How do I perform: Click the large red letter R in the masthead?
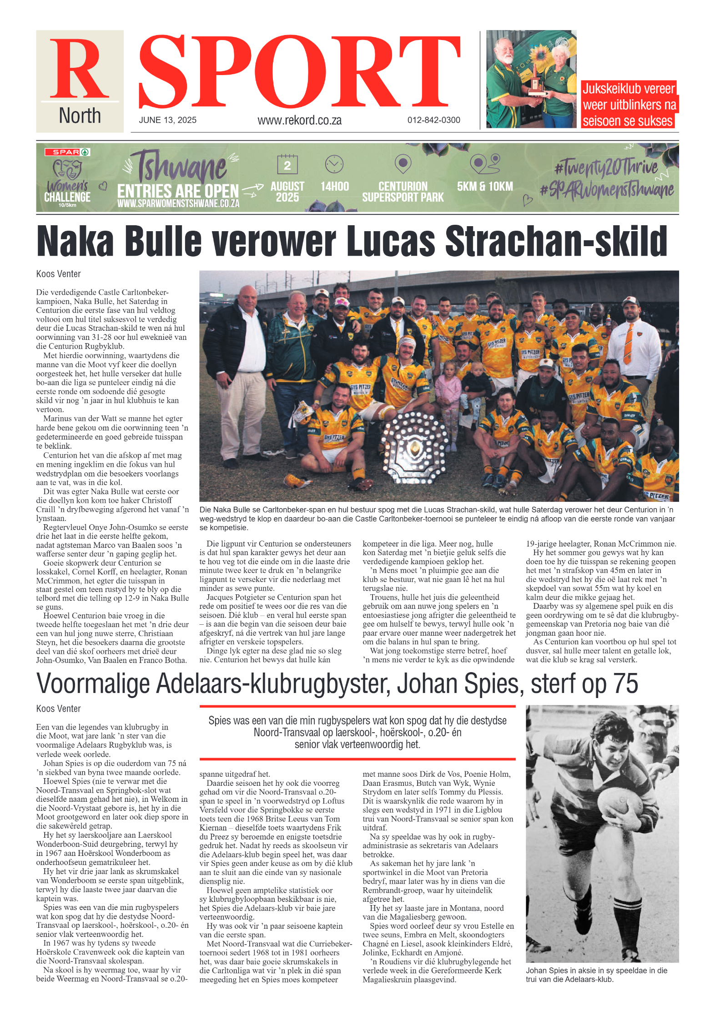(79, 69)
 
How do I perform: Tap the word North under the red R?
(80, 116)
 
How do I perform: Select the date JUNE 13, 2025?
(167, 120)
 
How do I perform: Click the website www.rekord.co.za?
(299, 120)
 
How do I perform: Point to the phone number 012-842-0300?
(433, 120)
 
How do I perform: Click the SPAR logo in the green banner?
(67, 152)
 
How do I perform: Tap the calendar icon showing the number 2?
(287, 164)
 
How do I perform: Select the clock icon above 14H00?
(334, 164)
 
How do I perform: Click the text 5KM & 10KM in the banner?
(485, 187)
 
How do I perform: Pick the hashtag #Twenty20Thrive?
(606, 167)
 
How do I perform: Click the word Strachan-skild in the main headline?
(556, 241)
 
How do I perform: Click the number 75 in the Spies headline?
(625, 683)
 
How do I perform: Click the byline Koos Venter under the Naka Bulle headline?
(59, 274)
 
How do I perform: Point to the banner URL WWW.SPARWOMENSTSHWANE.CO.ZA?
(178, 203)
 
